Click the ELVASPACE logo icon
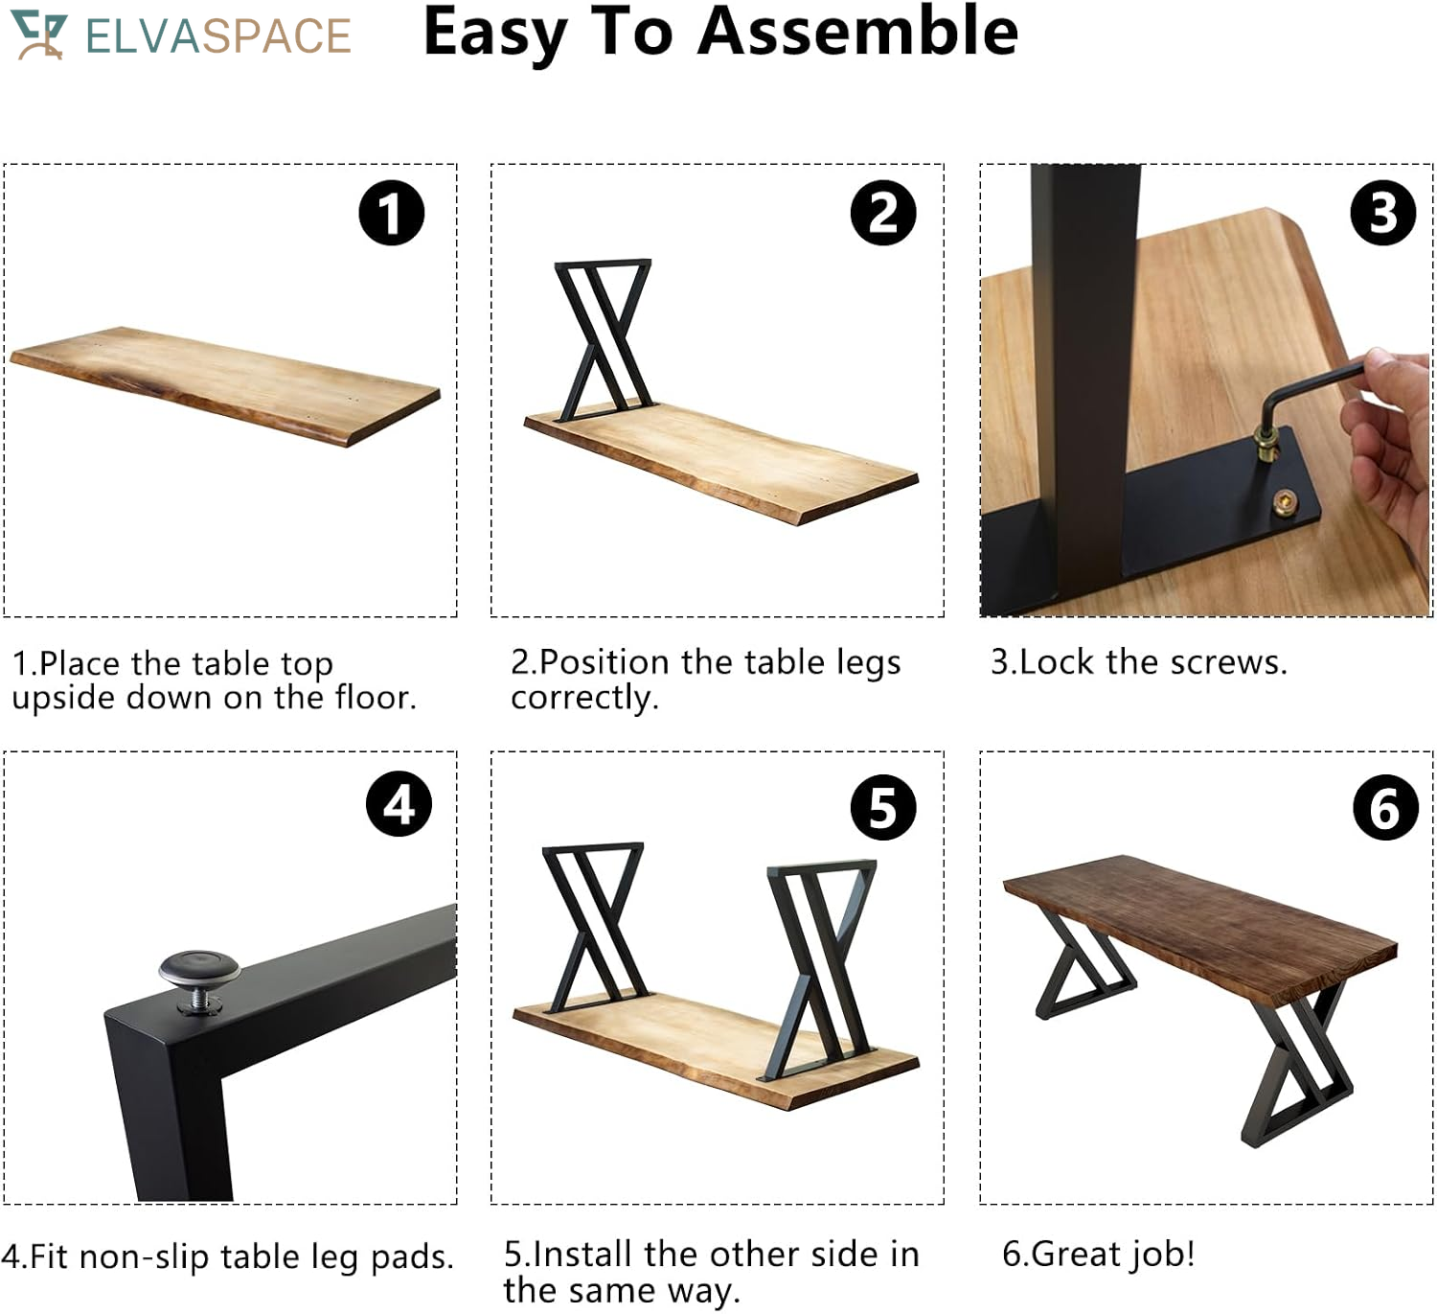pyautogui.click(x=39, y=35)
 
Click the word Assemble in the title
pyautogui.click(x=857, y=32)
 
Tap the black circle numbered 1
pyautogui.click(x=391, y=213)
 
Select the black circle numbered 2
pyautogui.click(x=882, y=213)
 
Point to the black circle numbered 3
pyautogui.click(x=1382, y=213)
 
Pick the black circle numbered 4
pyautogui.click(x=399, y=803)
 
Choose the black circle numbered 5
pyautogui.click(x=882, y=807)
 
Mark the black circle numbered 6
pyautogui.click(x=1385, y=807)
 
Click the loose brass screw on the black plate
pyautogui.click(x=1288, y=502)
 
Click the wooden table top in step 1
pyautogui.click(x=225, y=385)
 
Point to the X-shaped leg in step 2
pyautogui.click(x=604, y=340)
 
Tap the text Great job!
pyautogui.click(x=1098, y=1254)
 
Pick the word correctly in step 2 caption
pyautogui.click(x=584, y=698)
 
